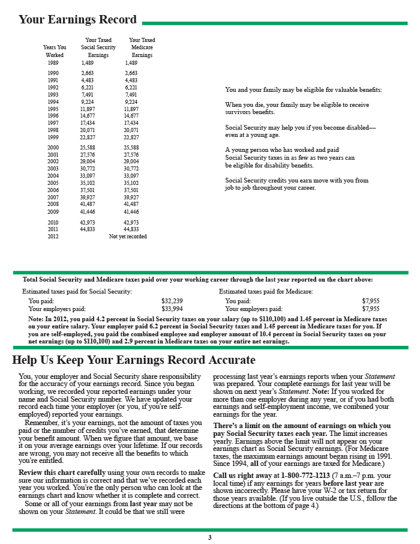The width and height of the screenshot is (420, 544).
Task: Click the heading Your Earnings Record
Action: click(x=77, y=20)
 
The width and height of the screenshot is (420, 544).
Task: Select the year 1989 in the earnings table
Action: click(x=53, y=62)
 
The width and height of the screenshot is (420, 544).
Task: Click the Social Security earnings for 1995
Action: click(x=88, y=110)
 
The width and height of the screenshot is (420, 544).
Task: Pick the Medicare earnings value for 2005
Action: click(x=131, y=184)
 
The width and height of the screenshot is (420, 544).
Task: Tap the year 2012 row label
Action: click(x=53, y=237)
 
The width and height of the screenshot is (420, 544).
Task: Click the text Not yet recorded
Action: click(x=128, y=237)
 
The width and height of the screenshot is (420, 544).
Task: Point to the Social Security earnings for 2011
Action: click(x=88, y=229)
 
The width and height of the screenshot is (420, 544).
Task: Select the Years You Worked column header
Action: click(x=55, y=51)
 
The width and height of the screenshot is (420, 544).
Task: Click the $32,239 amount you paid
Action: click(x=172, y=301)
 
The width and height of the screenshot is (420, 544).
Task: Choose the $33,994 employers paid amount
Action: click(x=172, y=309)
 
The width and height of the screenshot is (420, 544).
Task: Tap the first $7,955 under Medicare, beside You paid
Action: click(x=371, y=301)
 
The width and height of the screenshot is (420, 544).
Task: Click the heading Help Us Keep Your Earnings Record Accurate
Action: click(x=134, y=360)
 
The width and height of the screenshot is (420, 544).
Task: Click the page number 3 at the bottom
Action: click(x=209, y=537)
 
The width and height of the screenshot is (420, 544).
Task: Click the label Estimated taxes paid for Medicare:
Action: click(x=266, y=291)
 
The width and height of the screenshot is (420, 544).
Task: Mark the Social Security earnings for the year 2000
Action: click(x=88, y=147)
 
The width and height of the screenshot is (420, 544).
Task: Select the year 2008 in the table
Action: click(x=53, y=204)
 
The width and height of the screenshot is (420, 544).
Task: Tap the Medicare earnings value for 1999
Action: click(x=131, y=137)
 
